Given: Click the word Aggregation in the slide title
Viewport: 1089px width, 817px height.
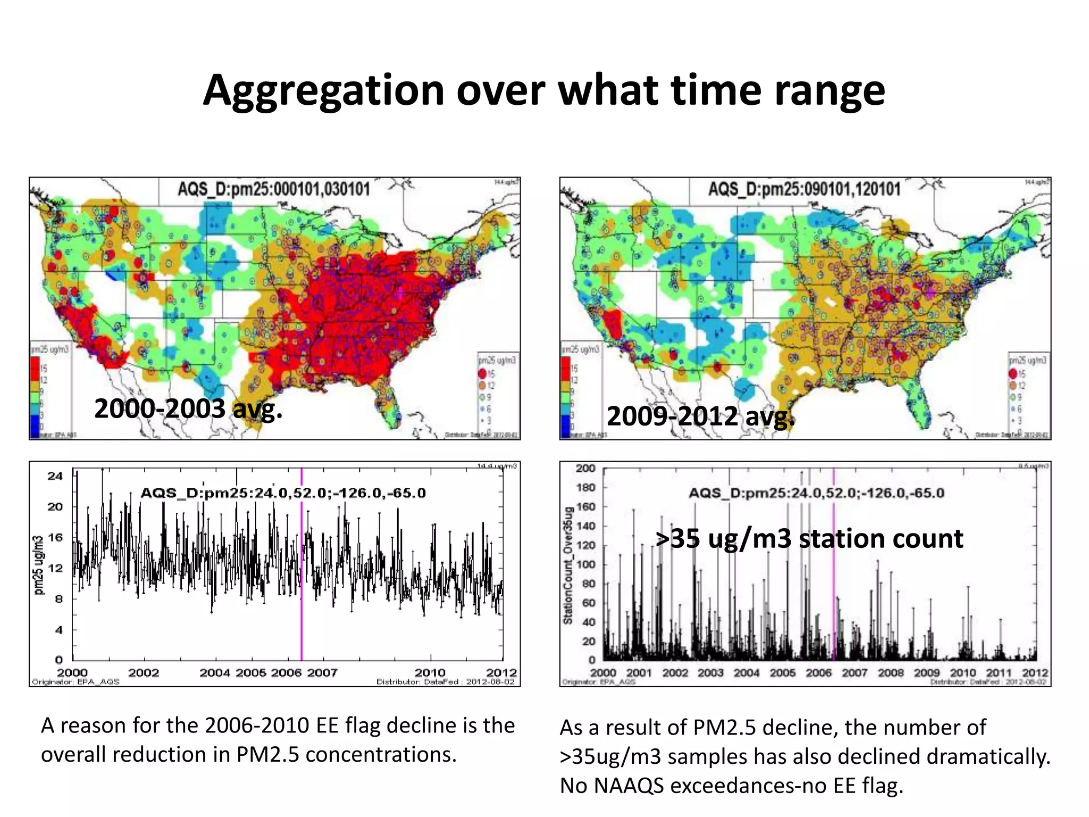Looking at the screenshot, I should tap(323, 90).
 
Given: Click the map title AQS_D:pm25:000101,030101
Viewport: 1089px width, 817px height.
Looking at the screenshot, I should tap(273, 189).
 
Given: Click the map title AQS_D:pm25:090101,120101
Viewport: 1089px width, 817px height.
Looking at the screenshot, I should tap(804, 189).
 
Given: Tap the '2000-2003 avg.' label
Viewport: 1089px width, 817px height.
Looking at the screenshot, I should tap(188, 409).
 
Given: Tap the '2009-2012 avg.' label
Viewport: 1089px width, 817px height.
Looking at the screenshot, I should tap(700, 416).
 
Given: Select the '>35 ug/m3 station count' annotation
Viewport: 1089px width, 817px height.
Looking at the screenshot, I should tap(809, 538).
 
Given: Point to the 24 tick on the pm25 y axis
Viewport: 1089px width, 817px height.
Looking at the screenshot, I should tap(55, 476).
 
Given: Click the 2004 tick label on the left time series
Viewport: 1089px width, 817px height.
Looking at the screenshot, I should tap(214, 673).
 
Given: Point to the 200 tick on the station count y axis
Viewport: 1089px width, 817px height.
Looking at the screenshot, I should tap(585, 469).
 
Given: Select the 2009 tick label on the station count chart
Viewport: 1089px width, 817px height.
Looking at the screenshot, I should tap(927, 673).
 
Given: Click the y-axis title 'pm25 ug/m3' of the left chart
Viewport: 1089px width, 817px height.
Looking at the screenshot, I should tap(39, 565).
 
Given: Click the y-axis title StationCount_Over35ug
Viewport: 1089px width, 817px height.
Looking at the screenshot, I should tap(568, 565).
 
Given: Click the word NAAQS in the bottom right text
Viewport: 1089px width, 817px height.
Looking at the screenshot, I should tap(629, 785).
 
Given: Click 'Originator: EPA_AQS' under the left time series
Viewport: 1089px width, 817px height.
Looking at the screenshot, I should tap(76, 682).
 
